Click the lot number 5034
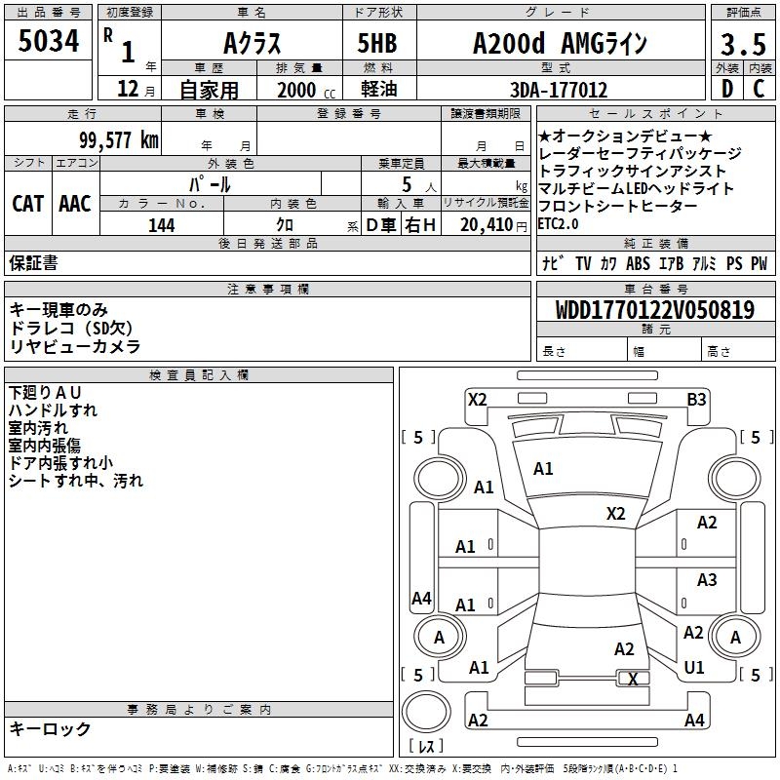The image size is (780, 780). click(x=49, y=43)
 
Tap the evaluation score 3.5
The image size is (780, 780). click(x=743, y=45)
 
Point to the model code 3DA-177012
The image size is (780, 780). click(x=559, y=91)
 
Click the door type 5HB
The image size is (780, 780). click(x=378, y=44)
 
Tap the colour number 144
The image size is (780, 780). click(x=161, y=225)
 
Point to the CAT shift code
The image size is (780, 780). click(x=27, y=204)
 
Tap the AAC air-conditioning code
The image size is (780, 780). click(x=75, y=204)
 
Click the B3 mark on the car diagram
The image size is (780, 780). click(x=696, y=399)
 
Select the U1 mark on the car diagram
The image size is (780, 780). click(x=694, y=668)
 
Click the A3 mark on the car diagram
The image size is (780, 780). click(x=707, y=580)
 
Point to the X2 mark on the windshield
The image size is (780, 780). click(x=615, y=513)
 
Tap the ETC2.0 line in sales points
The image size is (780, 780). click(x=558, y=223)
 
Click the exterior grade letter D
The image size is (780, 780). click(x=726, y=91)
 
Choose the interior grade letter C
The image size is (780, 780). click(x=759, y=91)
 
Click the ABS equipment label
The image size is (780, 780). click(x=638, y=263)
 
